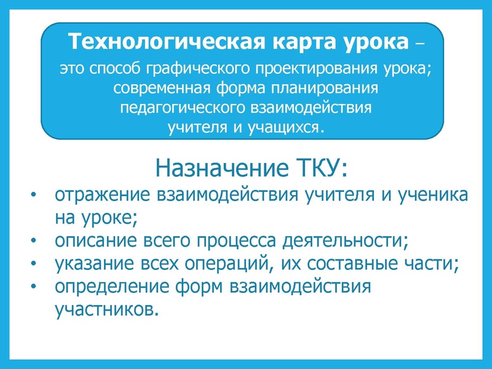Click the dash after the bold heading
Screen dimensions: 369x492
tap(419, 44)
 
